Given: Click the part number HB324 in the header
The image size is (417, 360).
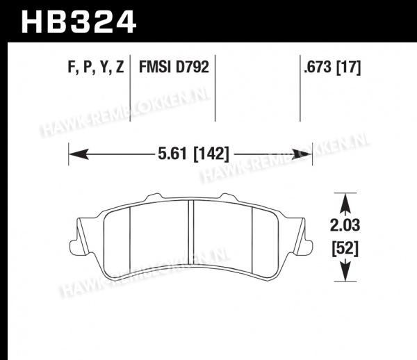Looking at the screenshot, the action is point(79,22).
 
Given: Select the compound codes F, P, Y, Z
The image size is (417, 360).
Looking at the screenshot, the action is point(96,67).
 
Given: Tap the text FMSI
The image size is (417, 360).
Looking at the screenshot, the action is point(154,67).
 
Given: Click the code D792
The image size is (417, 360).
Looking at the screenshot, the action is point(192,67).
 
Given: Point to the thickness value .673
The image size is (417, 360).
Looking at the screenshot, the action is point(318,67).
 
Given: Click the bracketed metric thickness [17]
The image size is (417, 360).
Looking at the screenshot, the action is point(349,67).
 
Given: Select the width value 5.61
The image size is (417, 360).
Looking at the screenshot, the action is point(172,154).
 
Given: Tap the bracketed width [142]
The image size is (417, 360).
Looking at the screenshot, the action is point(211,154).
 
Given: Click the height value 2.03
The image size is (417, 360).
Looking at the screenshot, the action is point(345,225).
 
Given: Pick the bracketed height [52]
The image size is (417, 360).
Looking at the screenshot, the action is point(345,249).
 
